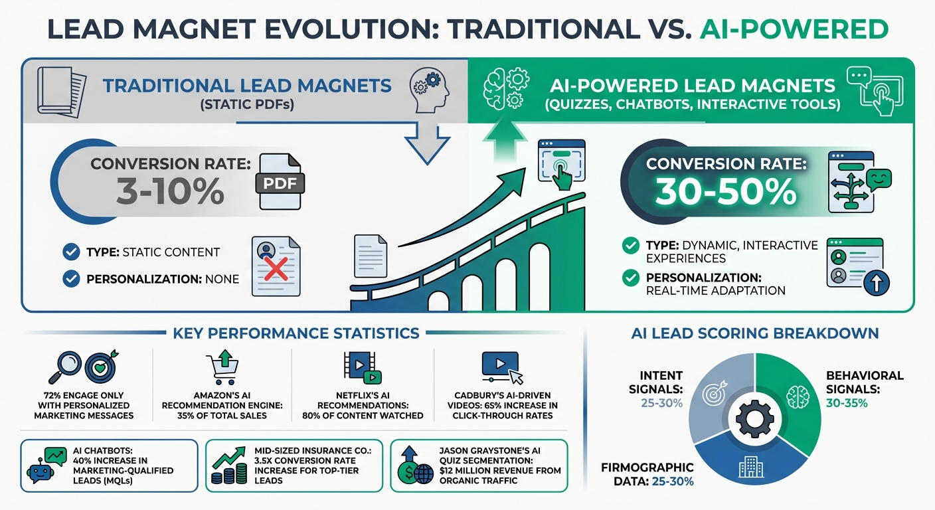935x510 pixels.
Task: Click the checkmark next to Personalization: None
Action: pos(70,279)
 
